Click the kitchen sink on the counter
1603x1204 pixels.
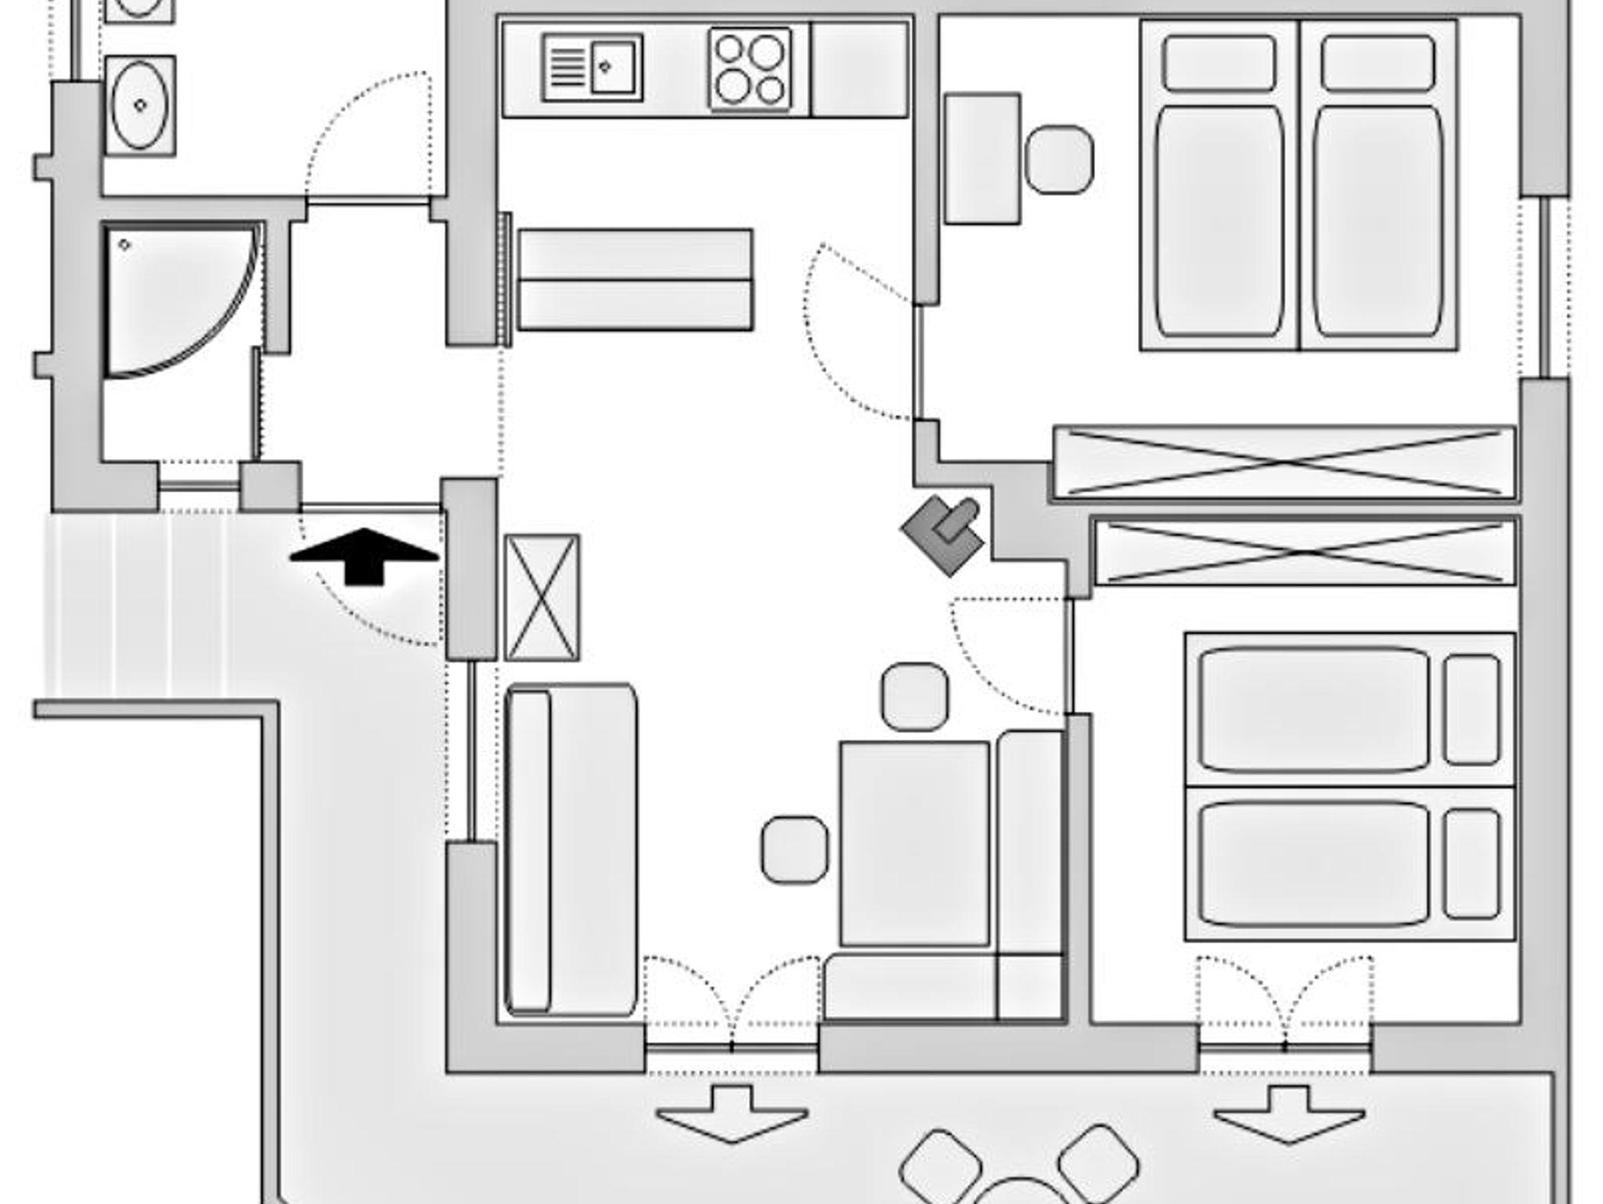pos(593,67)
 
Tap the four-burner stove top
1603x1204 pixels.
pos(750,69)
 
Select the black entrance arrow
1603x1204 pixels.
pos(364,555)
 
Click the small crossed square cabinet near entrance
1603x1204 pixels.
pos(542,597)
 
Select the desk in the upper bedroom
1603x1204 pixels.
pos(982,159)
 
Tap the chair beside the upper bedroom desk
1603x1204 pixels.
pos(1059,160)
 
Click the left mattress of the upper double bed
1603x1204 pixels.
pos(1219,221)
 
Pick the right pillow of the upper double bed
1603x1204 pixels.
pos(1378,63)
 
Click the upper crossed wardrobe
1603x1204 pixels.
pos(1284,462)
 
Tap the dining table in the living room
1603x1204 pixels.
pos(914,843)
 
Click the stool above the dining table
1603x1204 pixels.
pos(914,697)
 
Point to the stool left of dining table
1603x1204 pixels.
pos(794,849)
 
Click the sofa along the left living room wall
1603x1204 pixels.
pos(570,850)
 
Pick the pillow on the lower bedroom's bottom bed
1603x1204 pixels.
pos(1472,863)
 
